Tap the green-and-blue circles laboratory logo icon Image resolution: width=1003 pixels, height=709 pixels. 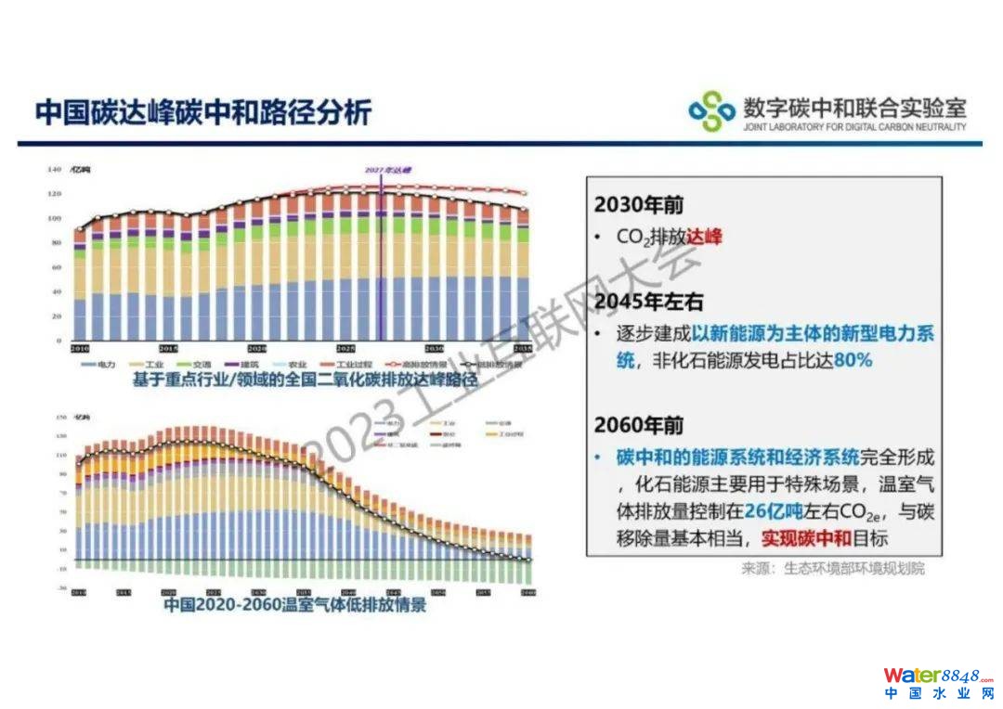click(x=710, y=111)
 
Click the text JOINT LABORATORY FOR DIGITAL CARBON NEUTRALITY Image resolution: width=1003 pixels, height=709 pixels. click(x=854, y=127)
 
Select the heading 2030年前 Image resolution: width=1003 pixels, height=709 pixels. click(x=639, y=205)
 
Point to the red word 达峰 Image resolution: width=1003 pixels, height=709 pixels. click(x=704, y=237)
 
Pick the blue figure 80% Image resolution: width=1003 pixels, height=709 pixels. click(x=853, y=360)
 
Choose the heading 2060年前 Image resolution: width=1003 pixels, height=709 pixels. click(x=639, y=425)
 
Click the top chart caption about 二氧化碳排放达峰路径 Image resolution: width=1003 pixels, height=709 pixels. click(x=291, y=380)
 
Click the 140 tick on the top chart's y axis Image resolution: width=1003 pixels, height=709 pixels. click(x=54, y=170)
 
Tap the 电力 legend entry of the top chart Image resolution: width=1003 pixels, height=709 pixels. click(x=101, y=365)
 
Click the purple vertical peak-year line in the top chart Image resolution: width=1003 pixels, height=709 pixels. click(x=381, y=260)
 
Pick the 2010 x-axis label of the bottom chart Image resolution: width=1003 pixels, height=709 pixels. click(x=80, y=592)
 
